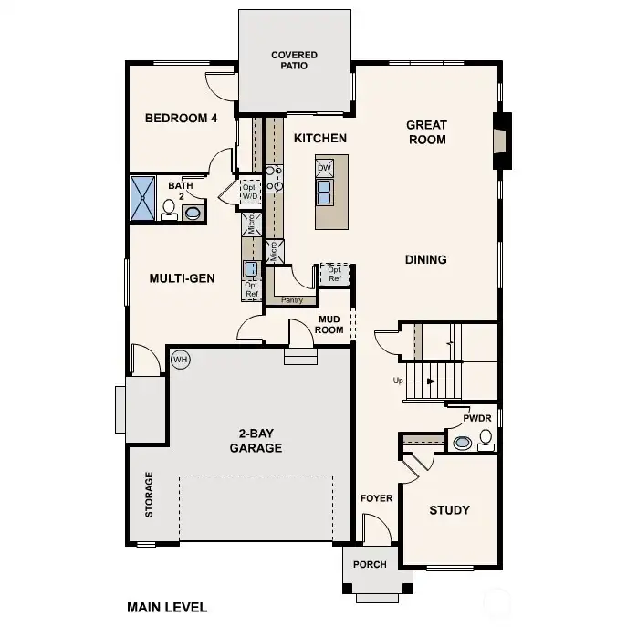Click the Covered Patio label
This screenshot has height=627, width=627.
pyautogui.click(x=294, y=61)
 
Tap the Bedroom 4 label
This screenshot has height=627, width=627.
pyautogui.click(x=181, y=118)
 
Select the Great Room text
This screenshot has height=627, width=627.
pyautogui.click(x=426, y=132)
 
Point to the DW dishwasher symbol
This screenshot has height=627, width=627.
pyautogui.click(x=324, y=169)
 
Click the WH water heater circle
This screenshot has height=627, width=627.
pyautogui.click(x=180, y=359)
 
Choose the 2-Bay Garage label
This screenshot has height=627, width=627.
pyautogui.click(x=255, y=442)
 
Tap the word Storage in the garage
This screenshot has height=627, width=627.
pyautogui.click(x=150, y=495)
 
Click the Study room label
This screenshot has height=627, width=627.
pyautogui.click(x=449, y=509)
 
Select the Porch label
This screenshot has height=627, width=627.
pyautogui.click(x=370, y=564)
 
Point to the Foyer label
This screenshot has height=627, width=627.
pyautogui.click(x=376, y=498)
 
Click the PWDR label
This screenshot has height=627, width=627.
pyautogui.click(x=477, y=418)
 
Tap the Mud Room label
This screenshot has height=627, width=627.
pyautogui.click(x=330, y=324)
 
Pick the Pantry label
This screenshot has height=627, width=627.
pyautogui.click(x=292, y=299)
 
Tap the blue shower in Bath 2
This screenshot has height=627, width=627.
pyautogui.click(x=143, y=198)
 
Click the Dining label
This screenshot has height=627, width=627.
pyautogui.click(x=425, y=259)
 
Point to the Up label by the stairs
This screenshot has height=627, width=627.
pyautogui.click(x=397, y=380)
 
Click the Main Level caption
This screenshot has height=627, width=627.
pyautogui.click(x=167, y=606)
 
